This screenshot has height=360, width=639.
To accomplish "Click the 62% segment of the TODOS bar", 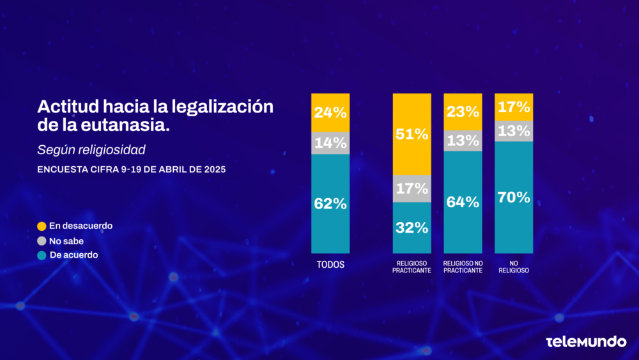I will pos(330,204).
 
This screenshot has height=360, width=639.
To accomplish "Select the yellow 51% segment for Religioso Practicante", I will pos(412,134).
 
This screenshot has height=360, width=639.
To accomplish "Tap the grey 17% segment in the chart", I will pos(412,189).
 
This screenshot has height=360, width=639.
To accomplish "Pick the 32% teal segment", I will pos(412,228).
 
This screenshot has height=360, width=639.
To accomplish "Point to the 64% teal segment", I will pos(463,202).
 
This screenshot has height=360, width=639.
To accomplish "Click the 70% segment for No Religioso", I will pos(514,197).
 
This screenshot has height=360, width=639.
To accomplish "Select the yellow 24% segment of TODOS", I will pos(330,113).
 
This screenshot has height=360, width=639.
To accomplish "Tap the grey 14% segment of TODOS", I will pos(330,143).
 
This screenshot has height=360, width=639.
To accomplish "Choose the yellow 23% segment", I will pos(463,111).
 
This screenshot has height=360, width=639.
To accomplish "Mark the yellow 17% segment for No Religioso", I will pos(514,107).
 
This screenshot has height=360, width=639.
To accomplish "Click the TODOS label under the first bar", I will pos(330,265).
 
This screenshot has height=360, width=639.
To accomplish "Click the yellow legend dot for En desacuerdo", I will pos(42,226).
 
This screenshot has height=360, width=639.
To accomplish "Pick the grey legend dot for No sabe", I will pos(42,241).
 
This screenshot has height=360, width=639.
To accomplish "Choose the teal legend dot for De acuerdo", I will pos(42,255).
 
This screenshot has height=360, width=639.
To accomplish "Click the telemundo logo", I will pos(586,342).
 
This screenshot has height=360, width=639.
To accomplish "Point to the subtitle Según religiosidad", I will pos(91,150).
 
